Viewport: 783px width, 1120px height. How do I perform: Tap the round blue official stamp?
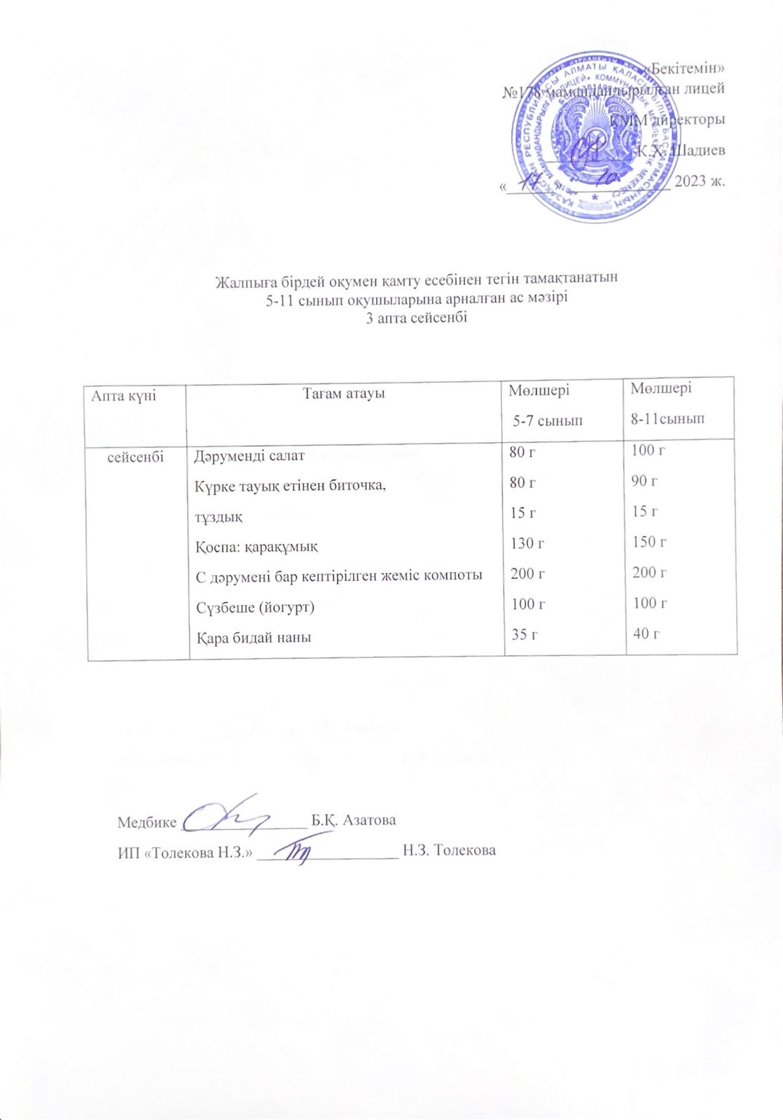[596, 138]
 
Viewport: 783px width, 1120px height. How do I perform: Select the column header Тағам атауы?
[344, 393]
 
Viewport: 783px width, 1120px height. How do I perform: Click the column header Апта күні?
[123, 395]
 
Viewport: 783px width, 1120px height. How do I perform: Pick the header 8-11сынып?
[667, 419]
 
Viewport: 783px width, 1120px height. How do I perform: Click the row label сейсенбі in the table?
[136, 456]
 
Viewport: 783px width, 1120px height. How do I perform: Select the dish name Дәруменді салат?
[249, 456]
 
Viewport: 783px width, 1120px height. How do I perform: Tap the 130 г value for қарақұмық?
[527, 542]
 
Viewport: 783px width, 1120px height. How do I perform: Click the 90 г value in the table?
[644, 481]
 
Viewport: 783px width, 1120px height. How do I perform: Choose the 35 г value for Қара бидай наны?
[524, 635]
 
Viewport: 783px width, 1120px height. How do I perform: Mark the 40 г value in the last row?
[646, 633]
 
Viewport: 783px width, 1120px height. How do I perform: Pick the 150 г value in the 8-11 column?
[648, 542]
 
